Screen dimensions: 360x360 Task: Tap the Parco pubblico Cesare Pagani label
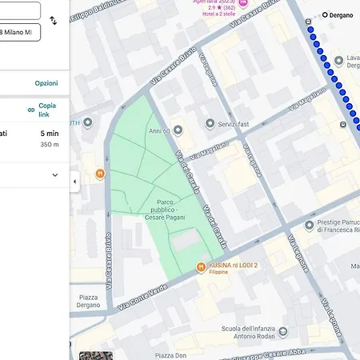point(166,210)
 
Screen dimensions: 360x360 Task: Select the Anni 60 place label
point(159,130)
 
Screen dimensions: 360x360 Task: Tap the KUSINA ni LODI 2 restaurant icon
point(201,267)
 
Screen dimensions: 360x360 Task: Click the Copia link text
point(47,110)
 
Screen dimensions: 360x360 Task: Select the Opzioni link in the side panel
point(46,83)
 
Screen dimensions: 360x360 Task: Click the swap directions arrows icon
point(54,21)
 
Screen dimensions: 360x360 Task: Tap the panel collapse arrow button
point(74,182)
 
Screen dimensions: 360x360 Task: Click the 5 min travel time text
point(50,134)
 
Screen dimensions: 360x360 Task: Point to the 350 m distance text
point(50,145)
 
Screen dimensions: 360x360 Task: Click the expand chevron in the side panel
point(54,175)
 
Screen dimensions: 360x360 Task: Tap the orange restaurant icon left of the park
point(100,172)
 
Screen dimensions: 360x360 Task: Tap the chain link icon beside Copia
point(31,110)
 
